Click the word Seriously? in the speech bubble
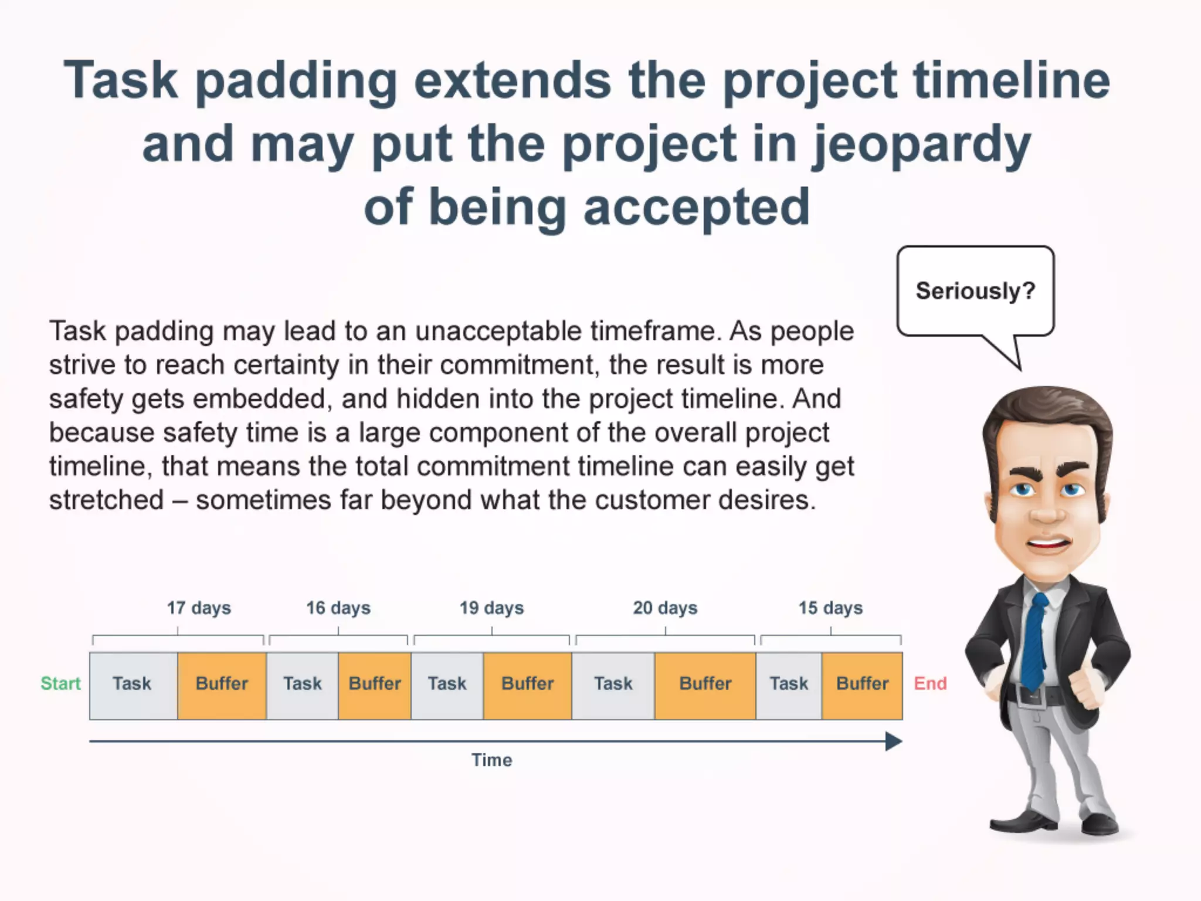pos(975,291)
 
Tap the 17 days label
pos(199,608)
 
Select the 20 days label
pos(665,608)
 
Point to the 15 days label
pos(830,608)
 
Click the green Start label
pos(60,683)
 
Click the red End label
pos(930,683)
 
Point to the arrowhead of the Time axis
pos(893,741)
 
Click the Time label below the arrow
pos(491,760)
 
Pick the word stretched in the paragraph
pos(106,500)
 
